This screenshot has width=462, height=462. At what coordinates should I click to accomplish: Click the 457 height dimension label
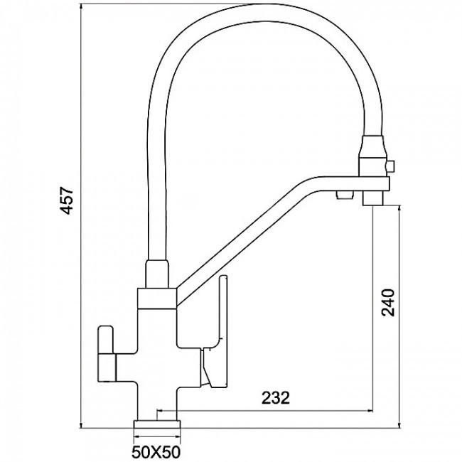(x=67, y=200)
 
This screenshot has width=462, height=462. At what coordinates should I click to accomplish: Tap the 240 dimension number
(x=388, y=303)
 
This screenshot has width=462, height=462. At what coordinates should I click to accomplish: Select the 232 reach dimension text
(x=276, y=398)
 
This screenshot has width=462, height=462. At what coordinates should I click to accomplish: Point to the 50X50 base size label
(x=156, y=451)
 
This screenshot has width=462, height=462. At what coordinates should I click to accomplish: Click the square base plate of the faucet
(x=157, y=424)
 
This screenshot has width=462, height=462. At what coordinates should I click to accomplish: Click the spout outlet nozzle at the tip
(x=373, y=198)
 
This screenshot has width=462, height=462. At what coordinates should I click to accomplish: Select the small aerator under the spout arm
(x=345, y=195)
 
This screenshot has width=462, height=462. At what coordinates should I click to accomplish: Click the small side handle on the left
(x=106, y=353)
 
